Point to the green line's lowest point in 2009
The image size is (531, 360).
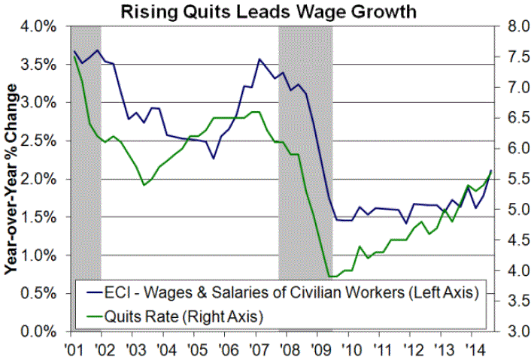329,277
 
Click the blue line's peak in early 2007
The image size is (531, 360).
259,59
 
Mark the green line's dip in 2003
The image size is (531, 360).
144,185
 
